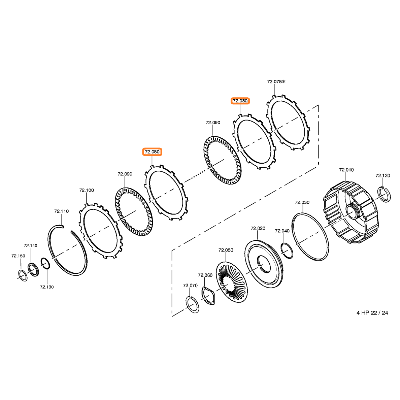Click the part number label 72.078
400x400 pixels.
click(274, 81)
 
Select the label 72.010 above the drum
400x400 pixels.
click(346, 170)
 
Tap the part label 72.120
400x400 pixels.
click(382, 175)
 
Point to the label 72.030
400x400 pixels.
click(302, 202)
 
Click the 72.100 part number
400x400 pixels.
click(87, 190)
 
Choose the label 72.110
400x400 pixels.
click(62, 211)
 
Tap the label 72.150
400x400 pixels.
click(19, 256)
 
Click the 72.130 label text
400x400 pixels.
click(47, 287)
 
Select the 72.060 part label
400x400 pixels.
click(205, 275)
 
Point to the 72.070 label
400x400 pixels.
click(190, 286)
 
